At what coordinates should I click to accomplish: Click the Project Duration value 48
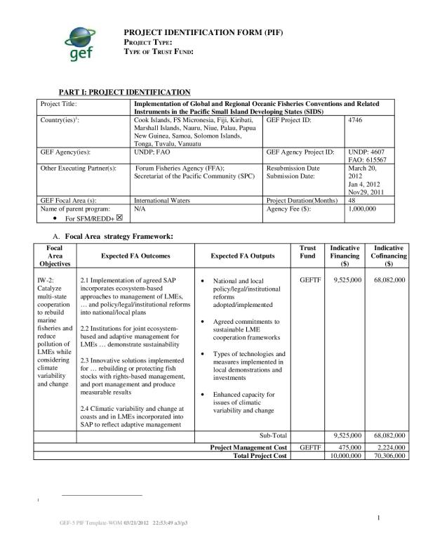point(352,200)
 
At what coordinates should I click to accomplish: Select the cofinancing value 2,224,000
point(390,447)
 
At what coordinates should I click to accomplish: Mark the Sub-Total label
point(274,436)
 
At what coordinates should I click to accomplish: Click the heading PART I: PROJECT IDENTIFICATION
point(125,92)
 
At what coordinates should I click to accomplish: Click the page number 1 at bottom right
point(377,518)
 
